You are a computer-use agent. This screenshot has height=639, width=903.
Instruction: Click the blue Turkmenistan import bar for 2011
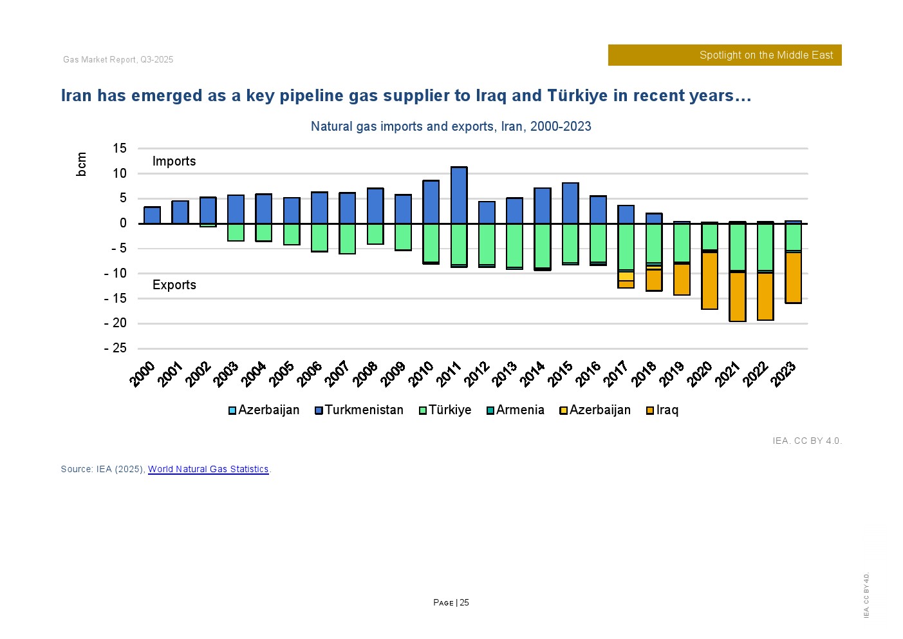point(459,195)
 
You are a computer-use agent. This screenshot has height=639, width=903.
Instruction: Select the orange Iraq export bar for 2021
point(738,296)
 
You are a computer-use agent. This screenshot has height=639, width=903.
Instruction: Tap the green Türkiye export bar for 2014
point(543,245)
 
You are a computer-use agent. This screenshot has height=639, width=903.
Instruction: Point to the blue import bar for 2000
point(152,215)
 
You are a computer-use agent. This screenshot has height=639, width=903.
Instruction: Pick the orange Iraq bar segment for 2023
point(793,277)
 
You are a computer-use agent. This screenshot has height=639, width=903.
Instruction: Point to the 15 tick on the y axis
point(120,148)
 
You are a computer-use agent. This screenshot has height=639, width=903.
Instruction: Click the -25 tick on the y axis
point(116,348)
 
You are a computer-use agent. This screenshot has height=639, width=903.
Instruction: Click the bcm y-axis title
point(81,164)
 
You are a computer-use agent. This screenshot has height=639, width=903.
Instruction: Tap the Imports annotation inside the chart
point(174,161)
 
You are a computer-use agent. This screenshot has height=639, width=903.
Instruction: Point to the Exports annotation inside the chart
point(174,285)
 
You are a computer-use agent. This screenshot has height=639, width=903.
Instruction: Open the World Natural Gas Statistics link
point(208,469)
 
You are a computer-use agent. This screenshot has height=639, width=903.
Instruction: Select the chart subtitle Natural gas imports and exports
point(451,126)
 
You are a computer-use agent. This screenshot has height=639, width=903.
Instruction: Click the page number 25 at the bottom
point(464,603)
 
